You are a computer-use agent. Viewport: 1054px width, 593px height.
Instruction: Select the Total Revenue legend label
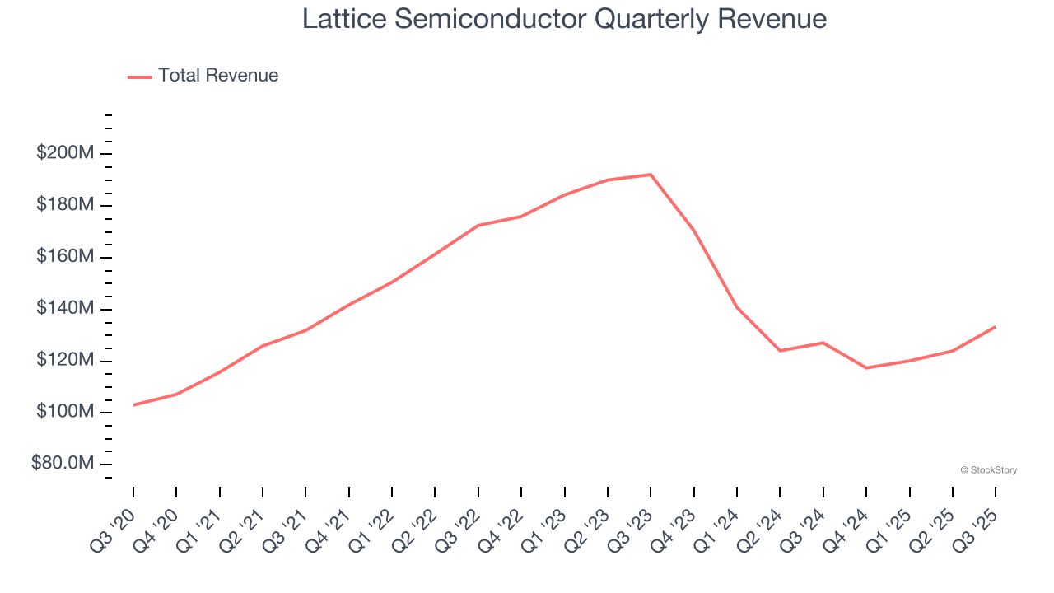pyautogui.click(x=218, y=76)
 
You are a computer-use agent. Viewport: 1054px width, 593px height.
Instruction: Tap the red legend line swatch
pyautogui.click(x=140, y=77)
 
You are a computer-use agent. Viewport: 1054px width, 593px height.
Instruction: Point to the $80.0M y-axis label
pyautogui.click(x=63, y=464)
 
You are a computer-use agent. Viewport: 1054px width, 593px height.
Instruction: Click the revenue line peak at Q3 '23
pyautogui.click(x=651, y=175)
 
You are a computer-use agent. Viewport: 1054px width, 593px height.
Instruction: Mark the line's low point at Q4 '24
pyautogui.click(x=866, y=367)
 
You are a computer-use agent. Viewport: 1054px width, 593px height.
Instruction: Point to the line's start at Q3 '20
pyautogui.click(x=133, y=404)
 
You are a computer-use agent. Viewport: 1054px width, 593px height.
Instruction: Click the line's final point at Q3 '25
pyautogui.click(x=995, y=327)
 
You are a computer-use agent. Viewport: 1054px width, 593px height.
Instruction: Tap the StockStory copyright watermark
pyautogui.click(x=988, y=470)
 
